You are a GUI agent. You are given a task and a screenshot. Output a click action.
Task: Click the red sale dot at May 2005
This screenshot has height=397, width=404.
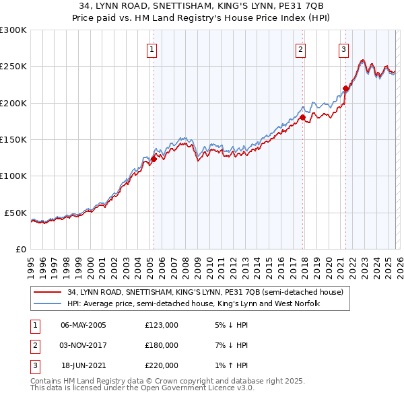(154, 159)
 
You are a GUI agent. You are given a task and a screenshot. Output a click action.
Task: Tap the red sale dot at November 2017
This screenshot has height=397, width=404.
(302, 118)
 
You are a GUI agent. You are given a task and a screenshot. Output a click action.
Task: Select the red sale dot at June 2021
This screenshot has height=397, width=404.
(345, 88)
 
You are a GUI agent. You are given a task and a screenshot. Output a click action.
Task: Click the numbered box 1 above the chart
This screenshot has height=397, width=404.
(152, 49)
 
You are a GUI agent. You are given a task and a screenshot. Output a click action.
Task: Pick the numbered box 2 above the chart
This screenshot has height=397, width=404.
(300, 49)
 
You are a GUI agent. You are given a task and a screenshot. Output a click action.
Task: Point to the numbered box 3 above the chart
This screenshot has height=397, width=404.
(343, 49)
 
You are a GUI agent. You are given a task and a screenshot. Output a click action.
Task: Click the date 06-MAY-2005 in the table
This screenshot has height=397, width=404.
(83, 325)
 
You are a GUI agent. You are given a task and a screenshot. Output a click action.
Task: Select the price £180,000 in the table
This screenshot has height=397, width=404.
(162, 345)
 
